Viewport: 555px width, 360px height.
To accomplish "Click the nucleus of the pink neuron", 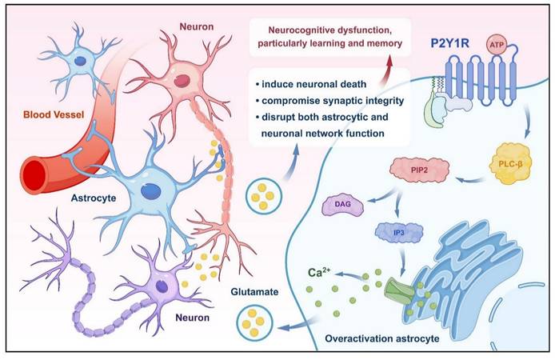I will tap(185, 80).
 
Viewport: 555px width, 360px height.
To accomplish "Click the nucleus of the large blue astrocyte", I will tap(150, 190).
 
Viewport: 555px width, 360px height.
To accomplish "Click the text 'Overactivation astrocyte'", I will tap(381, 339).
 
